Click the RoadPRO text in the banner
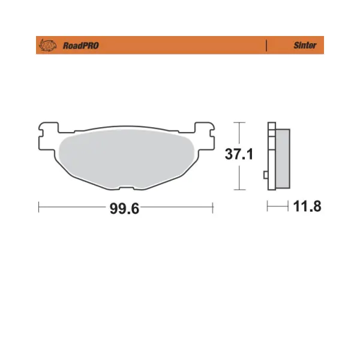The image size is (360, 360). click(x=81, y=46)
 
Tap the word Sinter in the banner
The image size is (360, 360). click(x=305, y=45)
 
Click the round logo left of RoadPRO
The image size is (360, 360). click(x=48, y=45)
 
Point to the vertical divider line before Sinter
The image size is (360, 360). click(x=266, y=45)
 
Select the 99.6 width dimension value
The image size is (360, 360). click(x=124, y=208)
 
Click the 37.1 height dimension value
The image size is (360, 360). click(x=239, y=154)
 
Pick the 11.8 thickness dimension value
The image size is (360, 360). click(x=307, y=206)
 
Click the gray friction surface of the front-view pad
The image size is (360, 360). click(x=127, y=158)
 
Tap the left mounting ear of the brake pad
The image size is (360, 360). click(x=47, y=136)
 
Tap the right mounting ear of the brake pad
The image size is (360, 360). click(x=205, y=136)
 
